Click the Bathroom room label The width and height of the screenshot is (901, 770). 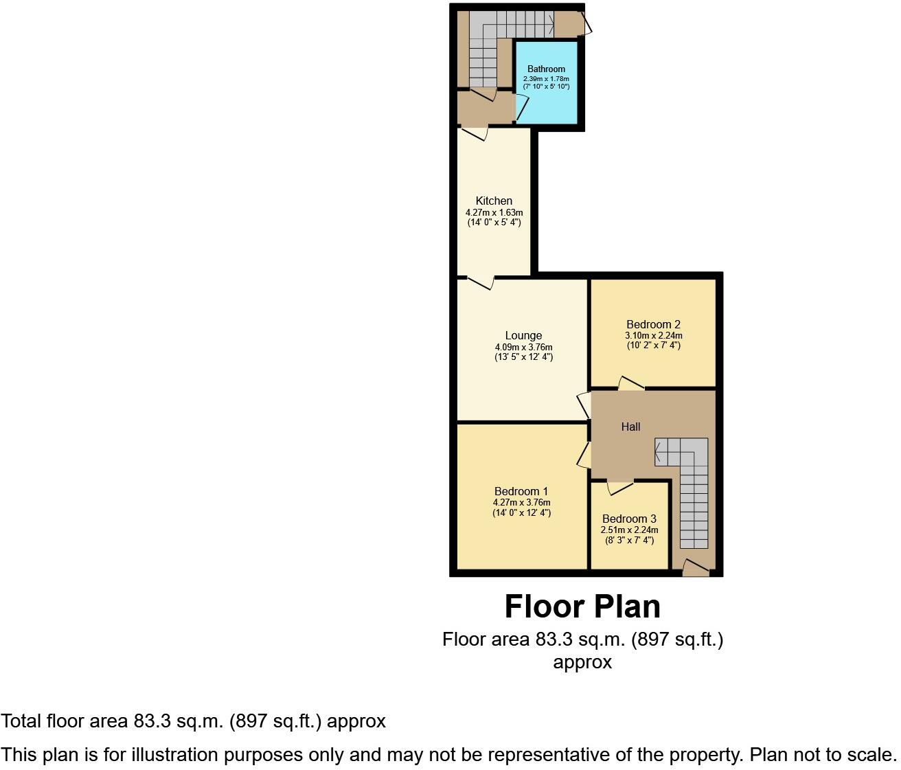point(546,69)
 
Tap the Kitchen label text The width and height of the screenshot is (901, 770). point(494,201)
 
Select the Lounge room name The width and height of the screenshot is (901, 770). point(523,335)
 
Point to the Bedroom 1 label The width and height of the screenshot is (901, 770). point(521,491)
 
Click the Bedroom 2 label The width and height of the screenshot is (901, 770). point(653,324)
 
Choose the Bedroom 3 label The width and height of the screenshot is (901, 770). point(629,519)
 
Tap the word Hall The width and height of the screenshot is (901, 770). point(630,427)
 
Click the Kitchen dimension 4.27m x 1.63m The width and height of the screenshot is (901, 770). point(494,213)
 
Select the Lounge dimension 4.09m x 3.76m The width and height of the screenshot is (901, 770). point(523,347)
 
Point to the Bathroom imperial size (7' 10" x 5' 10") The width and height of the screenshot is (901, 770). point(546,87)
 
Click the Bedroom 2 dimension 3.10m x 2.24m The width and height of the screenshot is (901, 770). point(653,336)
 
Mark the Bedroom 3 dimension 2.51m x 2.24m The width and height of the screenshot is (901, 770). point(629,530)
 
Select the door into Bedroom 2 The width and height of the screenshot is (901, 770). point(631,383)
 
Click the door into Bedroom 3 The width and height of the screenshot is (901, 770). point(620,487)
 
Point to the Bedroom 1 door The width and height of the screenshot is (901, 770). point(584,455)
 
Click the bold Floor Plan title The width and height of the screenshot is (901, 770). point(582,607)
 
